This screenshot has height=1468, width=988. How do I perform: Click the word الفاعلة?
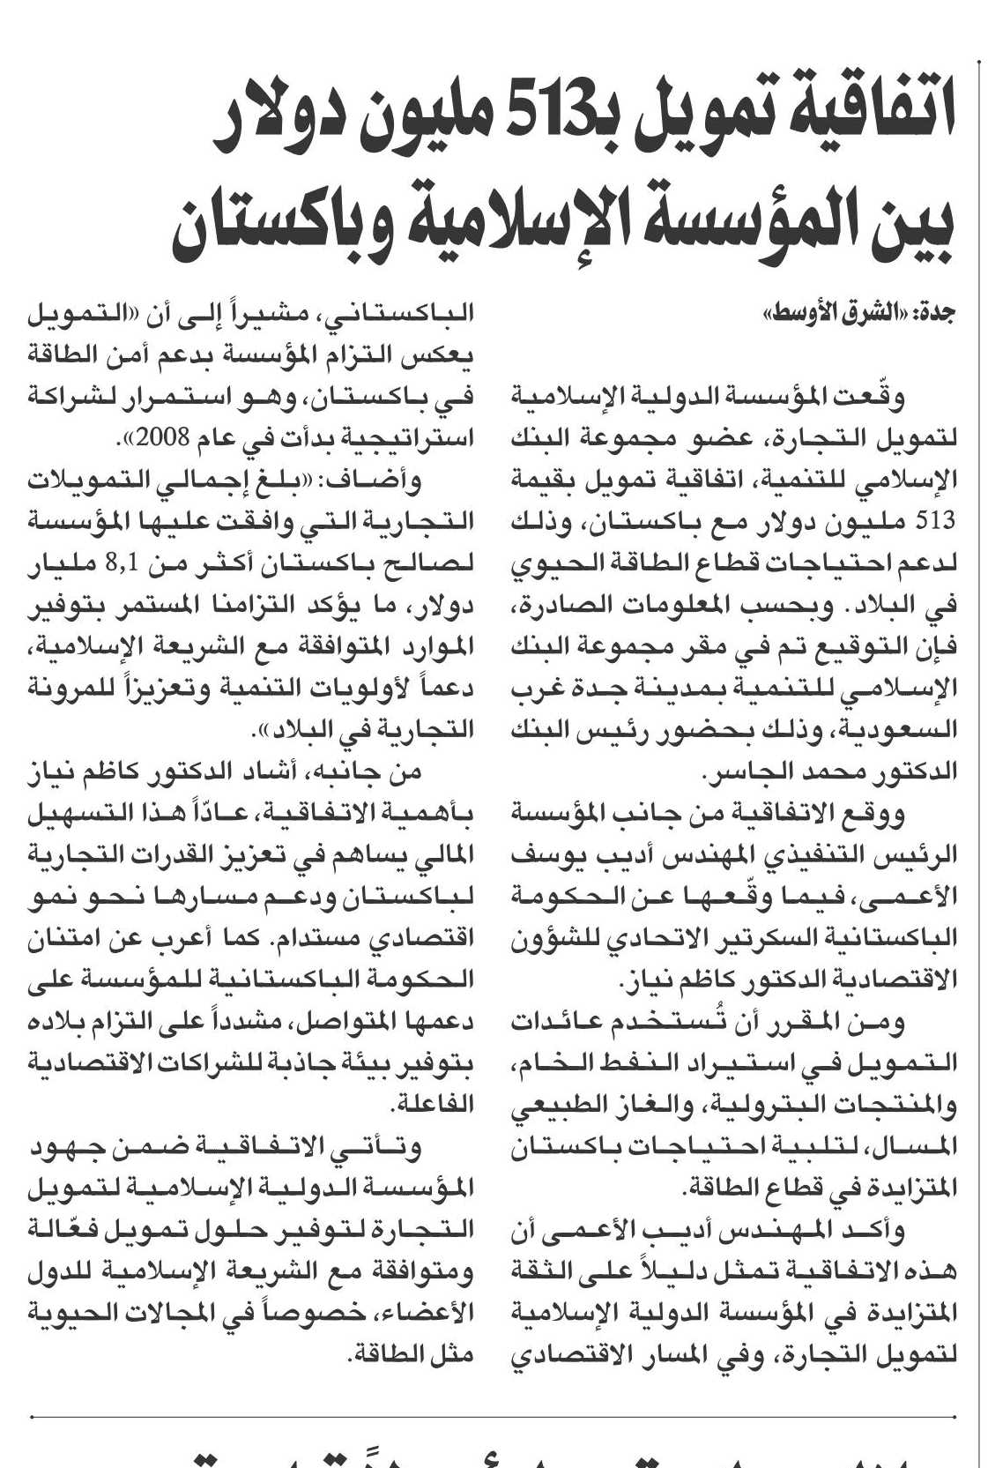432,1105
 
